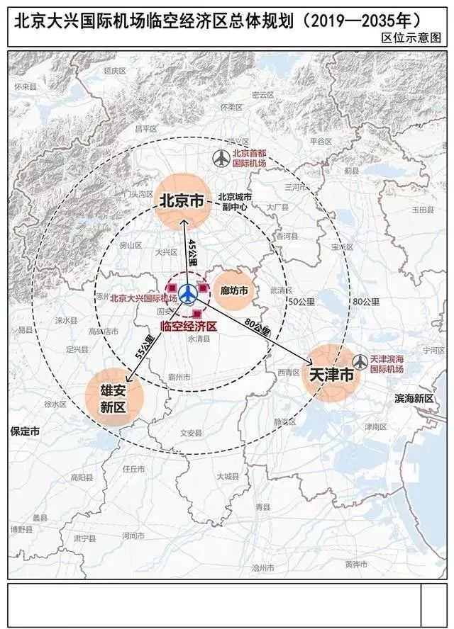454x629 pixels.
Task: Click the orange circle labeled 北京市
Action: (181, 201)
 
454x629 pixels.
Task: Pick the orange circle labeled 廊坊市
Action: (234, 290)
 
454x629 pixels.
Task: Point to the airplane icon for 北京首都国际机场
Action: (221, 158)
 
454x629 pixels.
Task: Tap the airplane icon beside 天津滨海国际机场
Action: (361, 361)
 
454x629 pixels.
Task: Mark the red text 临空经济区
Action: (189, 327)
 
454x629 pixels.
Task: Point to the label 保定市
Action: (26, 431)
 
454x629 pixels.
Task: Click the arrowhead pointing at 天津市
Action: (311, 364)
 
